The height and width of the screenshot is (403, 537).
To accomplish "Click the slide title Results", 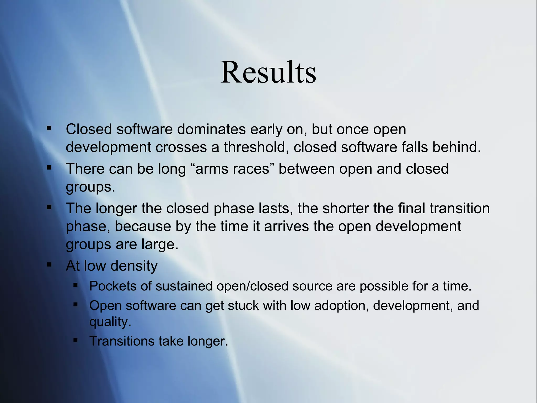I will [268, 72].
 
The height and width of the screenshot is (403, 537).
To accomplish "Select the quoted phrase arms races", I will [232, 169].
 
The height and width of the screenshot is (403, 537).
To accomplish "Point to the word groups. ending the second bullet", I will [90, 187].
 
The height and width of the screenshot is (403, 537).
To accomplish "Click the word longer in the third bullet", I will [116, 208].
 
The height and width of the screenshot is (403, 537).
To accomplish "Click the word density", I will [134, 266].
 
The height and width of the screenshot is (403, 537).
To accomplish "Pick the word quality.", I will [110, 322].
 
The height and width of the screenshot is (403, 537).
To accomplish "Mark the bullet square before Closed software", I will [49, 128].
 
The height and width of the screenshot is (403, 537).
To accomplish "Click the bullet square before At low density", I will [49, 265].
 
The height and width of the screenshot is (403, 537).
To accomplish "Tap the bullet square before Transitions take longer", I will [76, 340].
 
